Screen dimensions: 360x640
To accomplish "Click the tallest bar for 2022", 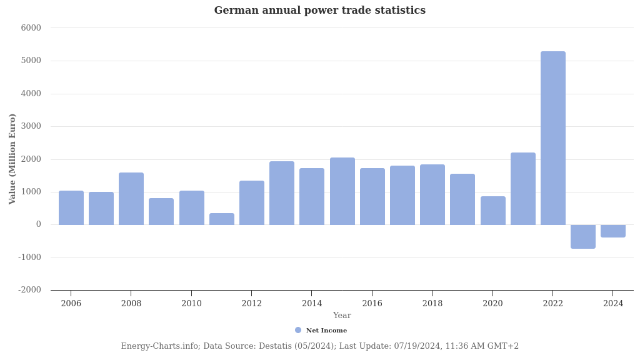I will coord(552,138).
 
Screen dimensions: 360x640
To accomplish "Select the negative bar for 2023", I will coord(582,236).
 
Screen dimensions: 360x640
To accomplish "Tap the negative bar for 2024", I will coord(612,231).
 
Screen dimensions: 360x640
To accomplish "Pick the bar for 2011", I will coord(222,219).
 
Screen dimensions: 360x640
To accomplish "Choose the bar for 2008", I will coord(131,199).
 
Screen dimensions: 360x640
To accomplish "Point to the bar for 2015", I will coord(342,191).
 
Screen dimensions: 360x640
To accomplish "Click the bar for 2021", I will coord(522,189).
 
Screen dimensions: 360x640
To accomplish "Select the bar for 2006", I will coord(71,207).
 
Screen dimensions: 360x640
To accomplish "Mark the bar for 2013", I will coord(282,193).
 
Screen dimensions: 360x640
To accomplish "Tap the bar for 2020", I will coord(492,211).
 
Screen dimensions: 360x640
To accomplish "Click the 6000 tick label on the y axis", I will coord(31,28).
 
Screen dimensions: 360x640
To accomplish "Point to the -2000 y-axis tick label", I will coord(30,290).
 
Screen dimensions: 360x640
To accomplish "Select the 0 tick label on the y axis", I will coord(38,224).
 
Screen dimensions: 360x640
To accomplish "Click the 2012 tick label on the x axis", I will coord(251,304).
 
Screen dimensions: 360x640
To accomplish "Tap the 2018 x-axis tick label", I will coord(432,304).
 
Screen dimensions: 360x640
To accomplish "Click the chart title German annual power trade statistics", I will coord(319,11).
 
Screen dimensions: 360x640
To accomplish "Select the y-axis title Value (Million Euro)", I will coord(12,159).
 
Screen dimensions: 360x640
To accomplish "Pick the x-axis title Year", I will coord(342,316).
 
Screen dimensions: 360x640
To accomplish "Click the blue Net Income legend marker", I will coord(298,330).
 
